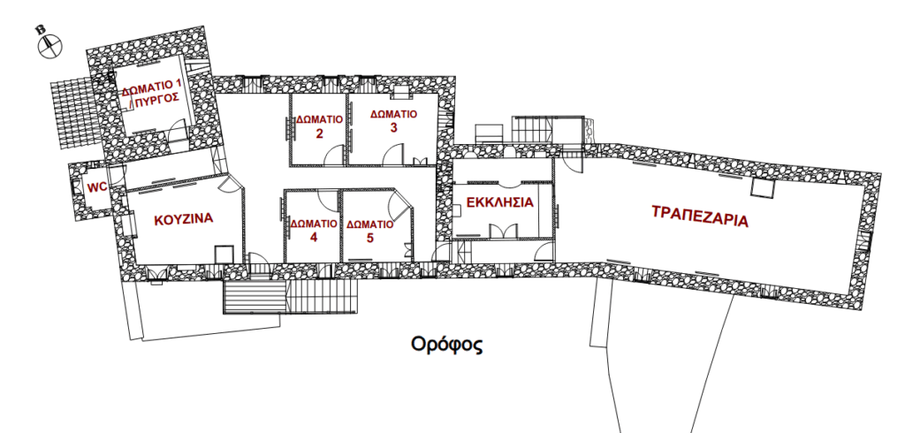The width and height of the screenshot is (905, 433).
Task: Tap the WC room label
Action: click(97, 187)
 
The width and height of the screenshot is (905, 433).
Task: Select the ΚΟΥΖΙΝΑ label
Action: click(184, 219)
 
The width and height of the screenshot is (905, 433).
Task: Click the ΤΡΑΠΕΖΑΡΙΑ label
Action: click(700, 216)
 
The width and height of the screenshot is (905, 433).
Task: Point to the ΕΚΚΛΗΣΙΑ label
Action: click(500, 202)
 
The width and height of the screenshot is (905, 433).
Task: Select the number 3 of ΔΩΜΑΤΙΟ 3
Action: click(393, 127)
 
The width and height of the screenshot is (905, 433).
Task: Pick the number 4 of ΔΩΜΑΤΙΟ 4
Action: click(314, 237)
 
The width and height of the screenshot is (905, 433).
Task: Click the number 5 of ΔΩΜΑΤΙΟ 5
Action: click(370, 237)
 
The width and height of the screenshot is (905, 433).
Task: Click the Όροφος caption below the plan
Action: click(446, 345)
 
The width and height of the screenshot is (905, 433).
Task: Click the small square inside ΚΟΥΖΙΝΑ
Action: click(224, 254)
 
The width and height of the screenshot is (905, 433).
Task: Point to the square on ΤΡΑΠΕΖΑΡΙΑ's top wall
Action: click(762, 187)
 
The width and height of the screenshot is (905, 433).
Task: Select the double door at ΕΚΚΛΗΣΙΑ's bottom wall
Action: click(500, 231)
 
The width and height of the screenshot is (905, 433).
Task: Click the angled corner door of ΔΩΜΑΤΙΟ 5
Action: click(400, 202)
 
